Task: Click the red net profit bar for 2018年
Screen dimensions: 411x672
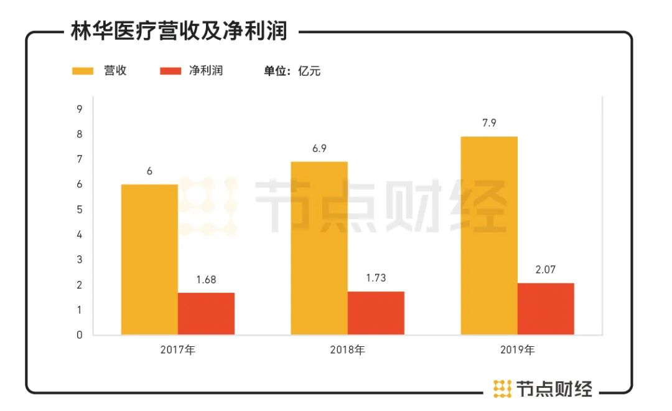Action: [x=376, y=313]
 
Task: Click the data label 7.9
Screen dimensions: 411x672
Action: [x=489, y=123]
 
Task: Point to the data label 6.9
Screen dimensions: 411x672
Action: [x=319, y=148]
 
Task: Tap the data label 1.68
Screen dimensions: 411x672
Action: [x=206, y=280]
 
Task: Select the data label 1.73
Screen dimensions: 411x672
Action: [x=376, y=278]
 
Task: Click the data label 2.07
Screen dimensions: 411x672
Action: [x=546, y=270]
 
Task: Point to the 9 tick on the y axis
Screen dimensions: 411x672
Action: [x=80, y=110]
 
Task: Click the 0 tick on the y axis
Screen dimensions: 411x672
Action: [x=80, y=335]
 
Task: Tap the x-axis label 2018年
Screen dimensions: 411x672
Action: [x=347, y=350]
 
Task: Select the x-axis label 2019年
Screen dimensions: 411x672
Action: [x=517, y=350]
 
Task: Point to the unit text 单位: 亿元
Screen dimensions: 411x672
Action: [x=292, y=71]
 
